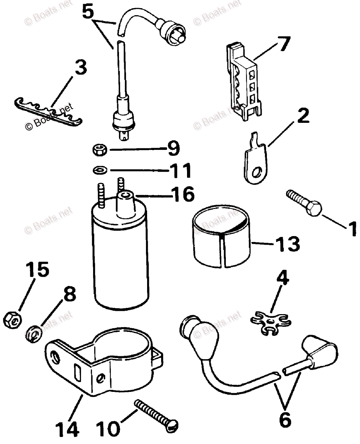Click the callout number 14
68,430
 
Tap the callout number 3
81,67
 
